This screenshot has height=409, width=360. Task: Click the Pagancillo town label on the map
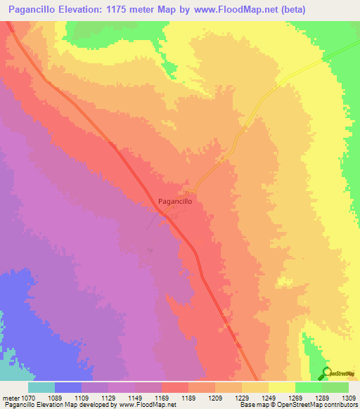coord(175,201)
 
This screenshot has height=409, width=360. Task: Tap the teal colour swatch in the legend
coord(41,387)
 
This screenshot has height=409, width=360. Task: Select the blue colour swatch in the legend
coord(68,387)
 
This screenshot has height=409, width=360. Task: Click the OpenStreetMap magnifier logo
coord(327,373)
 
